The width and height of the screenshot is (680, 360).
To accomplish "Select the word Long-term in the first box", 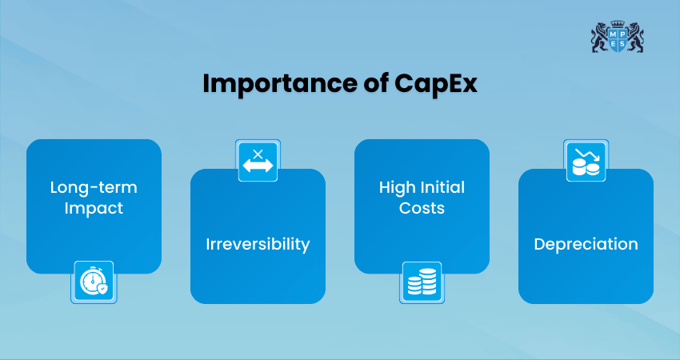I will point(94,187).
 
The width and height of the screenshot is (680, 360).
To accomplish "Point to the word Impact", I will point(94,208).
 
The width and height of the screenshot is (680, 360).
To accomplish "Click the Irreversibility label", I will point(258,244).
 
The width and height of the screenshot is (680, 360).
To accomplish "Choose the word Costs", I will point(422,208).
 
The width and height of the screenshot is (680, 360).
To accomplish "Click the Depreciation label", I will point(586,244).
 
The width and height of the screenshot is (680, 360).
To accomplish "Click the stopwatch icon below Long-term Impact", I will point(94,282).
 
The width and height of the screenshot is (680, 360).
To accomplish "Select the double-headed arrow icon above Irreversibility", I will point(258,160).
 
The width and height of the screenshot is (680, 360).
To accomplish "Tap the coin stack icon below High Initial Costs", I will point(422,282).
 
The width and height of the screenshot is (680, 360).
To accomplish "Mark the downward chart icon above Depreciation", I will point(586,160).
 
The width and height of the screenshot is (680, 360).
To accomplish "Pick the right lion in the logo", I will point(635,39).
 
